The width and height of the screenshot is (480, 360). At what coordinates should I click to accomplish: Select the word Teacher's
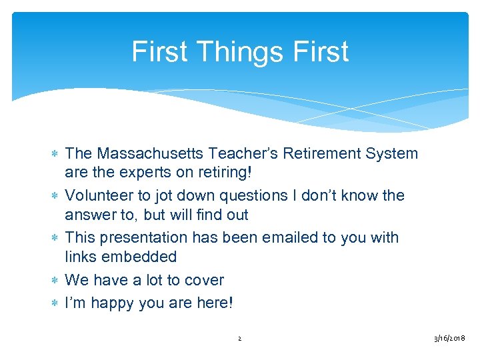tap(245, 154)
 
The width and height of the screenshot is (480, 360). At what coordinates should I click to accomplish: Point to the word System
tap(392, 154)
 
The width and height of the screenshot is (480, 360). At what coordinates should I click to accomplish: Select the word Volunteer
tap(97, 196)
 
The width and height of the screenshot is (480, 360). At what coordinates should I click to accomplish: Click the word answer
tap(89, 215)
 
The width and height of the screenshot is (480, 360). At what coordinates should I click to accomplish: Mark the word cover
tap(203, 280)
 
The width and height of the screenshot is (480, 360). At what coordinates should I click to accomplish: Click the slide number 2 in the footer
tap(239, 339)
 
